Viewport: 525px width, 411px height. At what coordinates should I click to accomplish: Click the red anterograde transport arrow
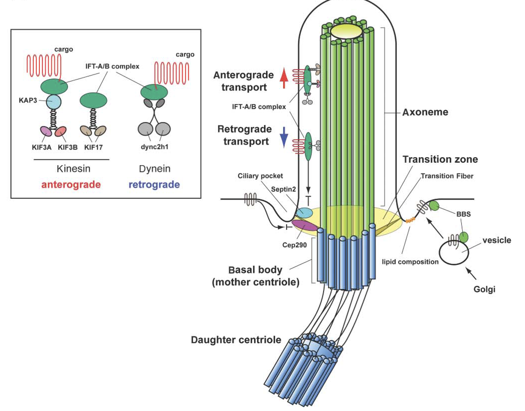(284, 80)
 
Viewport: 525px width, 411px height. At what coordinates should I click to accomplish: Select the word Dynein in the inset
(154, 169)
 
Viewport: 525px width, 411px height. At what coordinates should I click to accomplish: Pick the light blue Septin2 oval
(306, 212)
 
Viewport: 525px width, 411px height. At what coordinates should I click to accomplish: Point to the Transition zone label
(440, 160)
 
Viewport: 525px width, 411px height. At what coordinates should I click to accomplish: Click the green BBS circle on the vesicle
(463, 237)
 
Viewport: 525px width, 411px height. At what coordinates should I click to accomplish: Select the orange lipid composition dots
(410, 220)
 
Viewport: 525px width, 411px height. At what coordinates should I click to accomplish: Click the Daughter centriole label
(236, 340)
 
